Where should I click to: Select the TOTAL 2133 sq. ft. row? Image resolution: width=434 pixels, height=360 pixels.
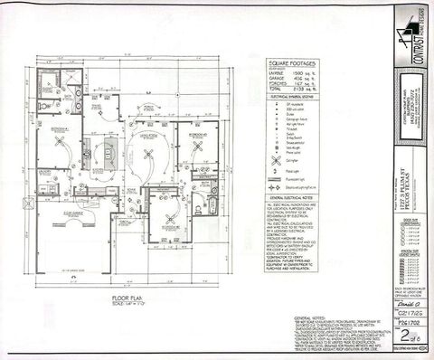288,91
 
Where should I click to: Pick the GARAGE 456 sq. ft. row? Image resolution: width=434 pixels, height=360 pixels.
288,78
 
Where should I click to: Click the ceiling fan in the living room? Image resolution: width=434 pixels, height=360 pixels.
143,137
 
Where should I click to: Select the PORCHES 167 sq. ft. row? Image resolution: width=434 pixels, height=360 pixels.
288,85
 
